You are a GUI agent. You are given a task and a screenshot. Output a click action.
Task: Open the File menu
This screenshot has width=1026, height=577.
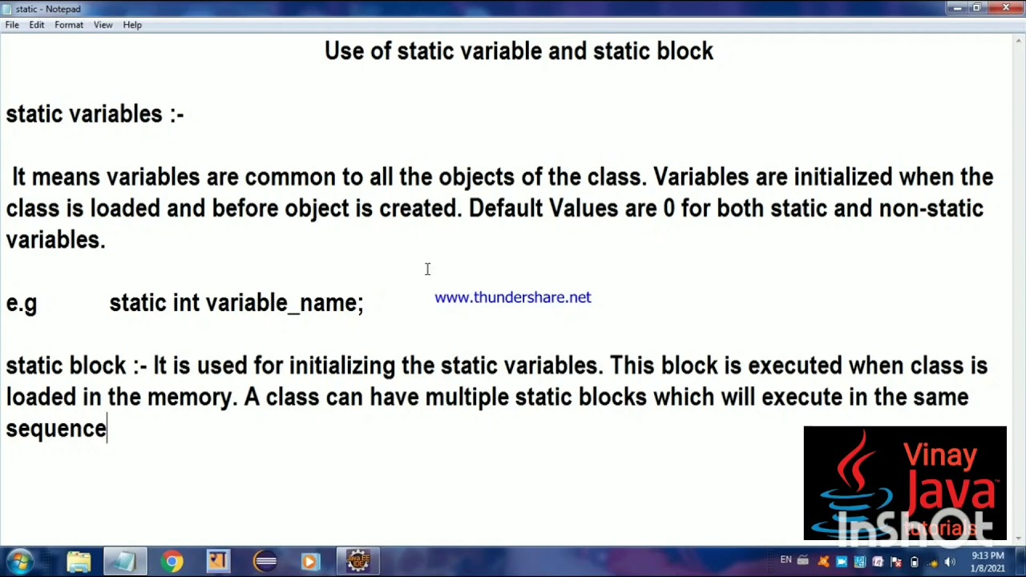click(x=12, y=25)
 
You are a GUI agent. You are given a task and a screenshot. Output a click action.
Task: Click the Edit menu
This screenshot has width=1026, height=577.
click(x=37, y=25)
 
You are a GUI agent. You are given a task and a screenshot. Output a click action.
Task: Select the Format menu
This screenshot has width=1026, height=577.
click(x=69, y=25)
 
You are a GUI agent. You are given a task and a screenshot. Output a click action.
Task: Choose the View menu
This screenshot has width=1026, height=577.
click(x=103, y=25)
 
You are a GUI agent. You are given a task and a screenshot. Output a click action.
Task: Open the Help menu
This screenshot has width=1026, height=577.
click(x=132, y=25)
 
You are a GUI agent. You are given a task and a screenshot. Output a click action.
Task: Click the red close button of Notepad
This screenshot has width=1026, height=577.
click(x=1005, y=8)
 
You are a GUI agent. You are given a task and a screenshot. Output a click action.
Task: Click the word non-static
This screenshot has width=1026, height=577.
click(x=931, y=208)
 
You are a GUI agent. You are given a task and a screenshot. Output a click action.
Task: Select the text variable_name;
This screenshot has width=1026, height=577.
click(x=285, y=303)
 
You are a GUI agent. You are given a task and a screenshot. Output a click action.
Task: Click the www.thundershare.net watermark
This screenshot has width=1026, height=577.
click(x=513, y=297)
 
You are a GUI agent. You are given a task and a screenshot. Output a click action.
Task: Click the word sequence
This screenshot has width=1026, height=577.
click(x=56, y=429)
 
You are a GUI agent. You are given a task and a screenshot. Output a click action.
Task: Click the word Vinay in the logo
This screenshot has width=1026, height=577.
click(x=940, y=455)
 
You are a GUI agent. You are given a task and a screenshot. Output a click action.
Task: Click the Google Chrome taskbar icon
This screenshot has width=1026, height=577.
click(x=172, y=561)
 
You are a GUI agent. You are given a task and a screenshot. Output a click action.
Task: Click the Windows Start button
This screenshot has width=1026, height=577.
click(x=20, y=561)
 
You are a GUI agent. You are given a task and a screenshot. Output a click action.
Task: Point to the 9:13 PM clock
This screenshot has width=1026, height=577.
click(x=987, y=555)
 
